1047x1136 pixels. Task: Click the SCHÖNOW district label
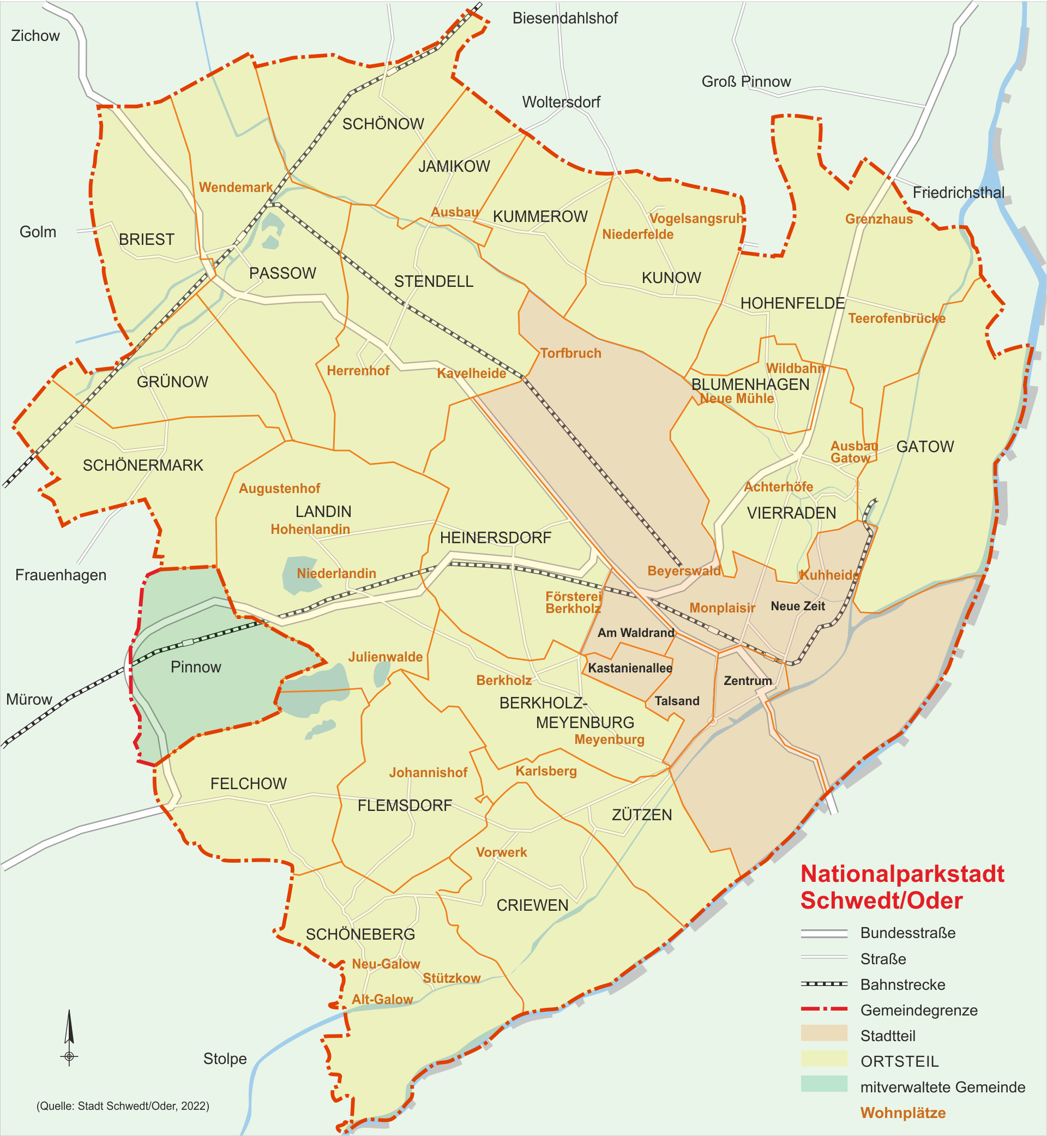pyautogui.click(x=383, y=124)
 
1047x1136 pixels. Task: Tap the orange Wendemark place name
pyautogui.click(x=236, y=188)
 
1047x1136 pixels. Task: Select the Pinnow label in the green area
pyautogui.click(x=195, y=667)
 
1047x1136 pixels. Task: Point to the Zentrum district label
pyautogui.click(x=748, y=681)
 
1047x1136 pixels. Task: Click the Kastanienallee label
pyautogui.click(x=630, y=668)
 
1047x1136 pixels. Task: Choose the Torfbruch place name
pyautogui.click(x=570, y=353)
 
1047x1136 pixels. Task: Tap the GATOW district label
pyautogui.click(x=925, y=447)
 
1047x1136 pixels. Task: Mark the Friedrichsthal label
pyautogui.click(x=958, y=193)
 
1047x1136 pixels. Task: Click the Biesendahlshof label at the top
pyautogui.click(x=565, y=18)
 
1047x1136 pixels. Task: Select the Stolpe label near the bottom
pyautogui.click(x=225, y=1059)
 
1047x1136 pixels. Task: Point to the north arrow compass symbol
pyautogui.click(x=69, y=1037)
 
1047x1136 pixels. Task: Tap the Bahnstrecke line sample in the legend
pyautogui.click(x=824, y=984)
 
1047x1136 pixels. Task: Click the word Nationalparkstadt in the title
pyautogui.click(x=902, y=874)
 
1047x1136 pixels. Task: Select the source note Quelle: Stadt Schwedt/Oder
pyautogui.click(x=123, y=1106)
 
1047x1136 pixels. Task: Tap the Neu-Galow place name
pyautogui.click(x=386, y=964)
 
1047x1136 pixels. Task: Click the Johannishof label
pyautogui.click(x=428, y=772)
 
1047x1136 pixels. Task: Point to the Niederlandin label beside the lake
pyautogui.click(x=336, y=573)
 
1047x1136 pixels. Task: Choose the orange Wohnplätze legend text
pyautogui.click(x=902, y=1113)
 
